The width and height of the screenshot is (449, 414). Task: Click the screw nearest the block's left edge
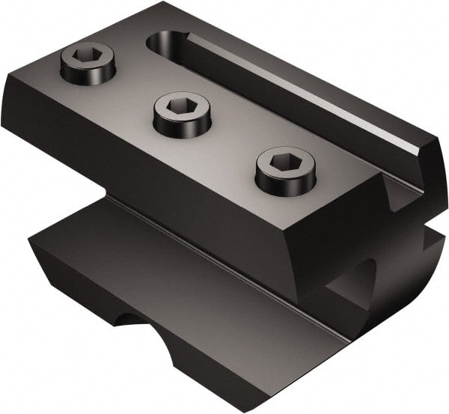pos(88,62)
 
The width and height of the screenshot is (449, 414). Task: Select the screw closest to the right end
pos(284,170)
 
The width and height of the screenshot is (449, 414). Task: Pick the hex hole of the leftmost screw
pos(88,56)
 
